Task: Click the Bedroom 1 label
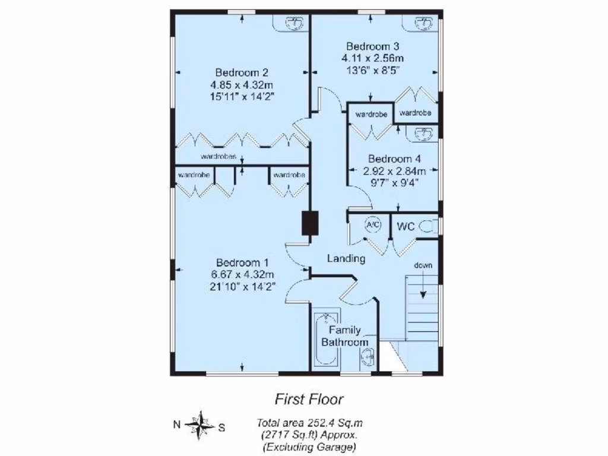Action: tap(243, 262)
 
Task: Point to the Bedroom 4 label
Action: tap(394, 159)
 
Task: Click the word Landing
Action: tap(346, 259)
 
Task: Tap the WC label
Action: tap(406, 226)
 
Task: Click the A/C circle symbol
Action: tap(373, 225)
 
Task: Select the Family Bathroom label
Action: tap(344, 336)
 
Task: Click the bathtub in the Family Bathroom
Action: tap(325, 338)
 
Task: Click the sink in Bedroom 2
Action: tap(293, 23)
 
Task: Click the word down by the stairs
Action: tap(423, 265)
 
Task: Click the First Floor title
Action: tap(309, 399)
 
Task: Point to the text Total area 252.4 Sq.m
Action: tap(309, 423)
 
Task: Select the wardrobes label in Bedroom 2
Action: tap(219, 157)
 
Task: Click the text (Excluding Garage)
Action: tap(309, 446)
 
